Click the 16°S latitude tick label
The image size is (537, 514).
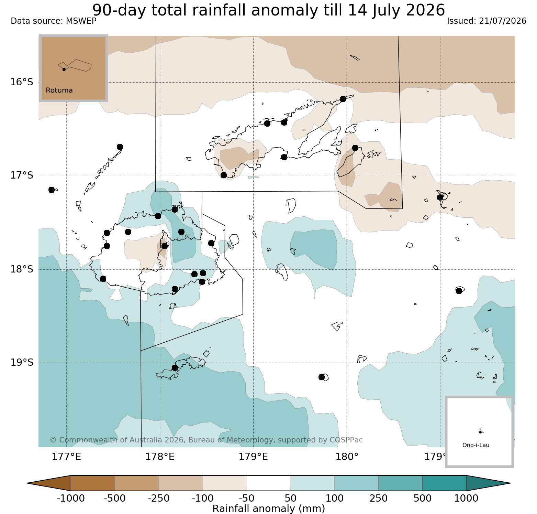pyautogui.click(x=22, y=82)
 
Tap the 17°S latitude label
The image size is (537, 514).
pyautogui.click(x=22, y=175)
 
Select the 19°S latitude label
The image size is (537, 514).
pyautogui.click(x=22, y=363)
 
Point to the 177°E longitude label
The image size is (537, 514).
pyautogui.click(x=66, y=457)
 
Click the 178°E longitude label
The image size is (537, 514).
pyautogui.click(x=160, y=457)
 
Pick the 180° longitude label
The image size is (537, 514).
pyautogui.click(x=347, y=457)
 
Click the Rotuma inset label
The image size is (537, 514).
pyautogui.click(x=59, y=90)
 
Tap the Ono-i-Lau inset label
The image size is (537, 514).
pyautogui.click(x=476, y=445)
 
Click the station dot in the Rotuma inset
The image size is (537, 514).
pyautogui.click(x=64, y=69)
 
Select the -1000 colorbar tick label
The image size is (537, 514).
pyautogui.click(x=70, y=498)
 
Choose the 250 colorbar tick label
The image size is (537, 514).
pyautogui.click(x=379, y=498)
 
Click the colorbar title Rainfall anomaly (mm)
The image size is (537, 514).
pyautogui.click(x=269, y=508)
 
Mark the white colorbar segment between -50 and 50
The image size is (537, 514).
pyautogui.click(x=269, y=483)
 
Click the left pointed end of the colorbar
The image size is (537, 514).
pyautogui.click(x=27, y=483)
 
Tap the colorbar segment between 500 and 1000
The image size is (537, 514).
pyautogui.click(x=445, y=483)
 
